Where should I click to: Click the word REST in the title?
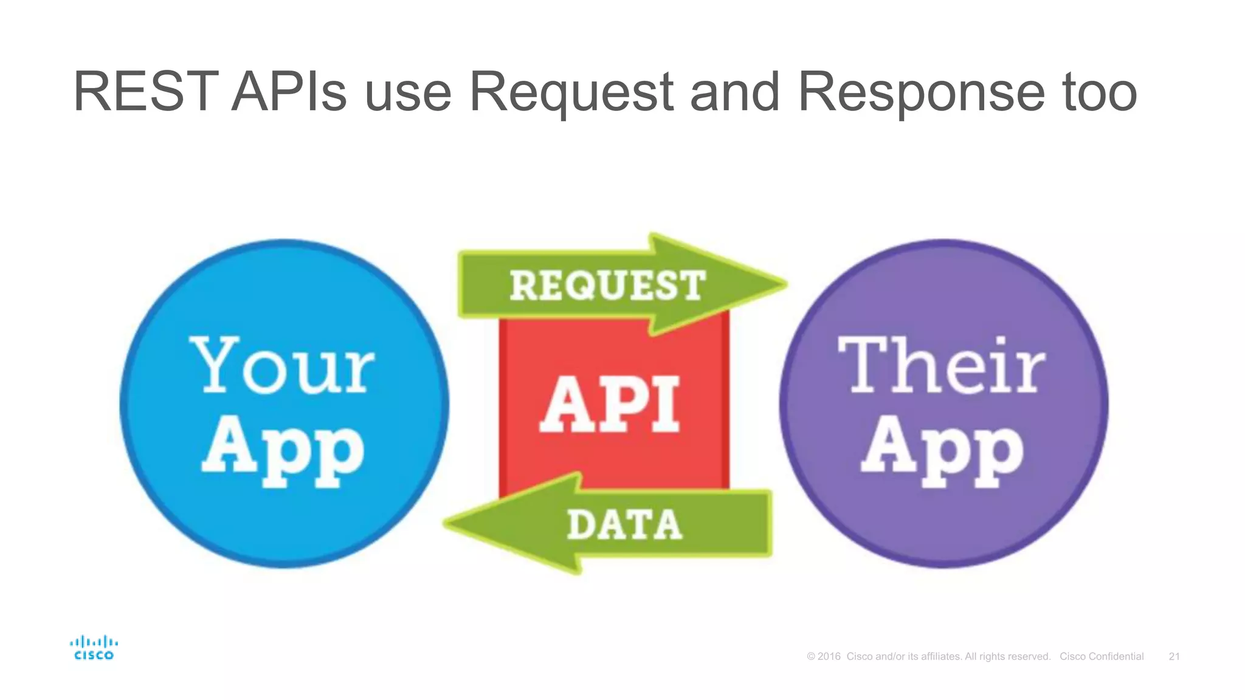pos(145,92)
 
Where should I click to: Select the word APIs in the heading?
pos(289,92)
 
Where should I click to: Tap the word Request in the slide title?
pos(571,93)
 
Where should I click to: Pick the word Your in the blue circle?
pos(283,366)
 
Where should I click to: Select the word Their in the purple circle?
pos(942,366)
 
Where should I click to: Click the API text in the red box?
pos(610,404)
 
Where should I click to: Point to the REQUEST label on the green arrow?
pos(607,286)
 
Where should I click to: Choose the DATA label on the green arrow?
pos(624,525)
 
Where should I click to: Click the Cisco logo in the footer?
pos(94,648)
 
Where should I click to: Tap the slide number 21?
pos(1174,656)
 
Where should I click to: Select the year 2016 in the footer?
pos(829,656)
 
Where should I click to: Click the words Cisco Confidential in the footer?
pos(1102,656)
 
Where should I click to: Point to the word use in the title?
pos(408,93)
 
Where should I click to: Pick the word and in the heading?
pos(734,93)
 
